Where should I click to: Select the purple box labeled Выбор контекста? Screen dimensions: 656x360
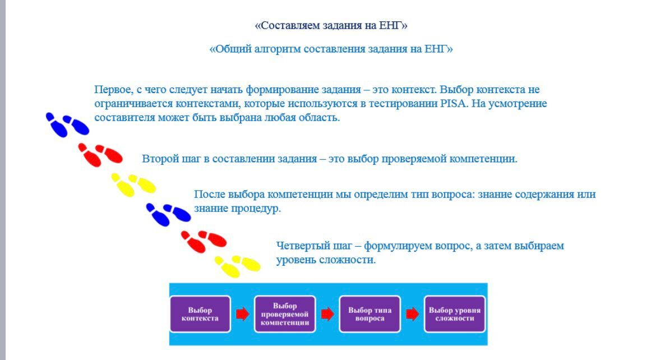(x=200, y=314)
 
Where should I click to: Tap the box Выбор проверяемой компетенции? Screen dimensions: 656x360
(x=285, y=314)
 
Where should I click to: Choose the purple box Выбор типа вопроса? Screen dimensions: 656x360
(x=370, y=314)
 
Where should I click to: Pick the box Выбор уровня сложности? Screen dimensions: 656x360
(x=455, y=314)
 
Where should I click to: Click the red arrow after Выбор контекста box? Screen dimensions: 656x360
(x=243, y=313)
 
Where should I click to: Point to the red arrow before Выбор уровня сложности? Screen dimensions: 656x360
(x=413, y=313)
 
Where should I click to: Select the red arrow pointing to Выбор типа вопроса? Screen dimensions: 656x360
(x=327, y=313)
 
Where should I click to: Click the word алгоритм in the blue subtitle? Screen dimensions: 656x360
(x=278, y=49)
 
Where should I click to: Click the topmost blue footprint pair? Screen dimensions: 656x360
(x=67, y=124)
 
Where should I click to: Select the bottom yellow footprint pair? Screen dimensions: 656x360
(x=237, y=266)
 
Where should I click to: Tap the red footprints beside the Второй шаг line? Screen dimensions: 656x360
(x=100, y=155)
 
